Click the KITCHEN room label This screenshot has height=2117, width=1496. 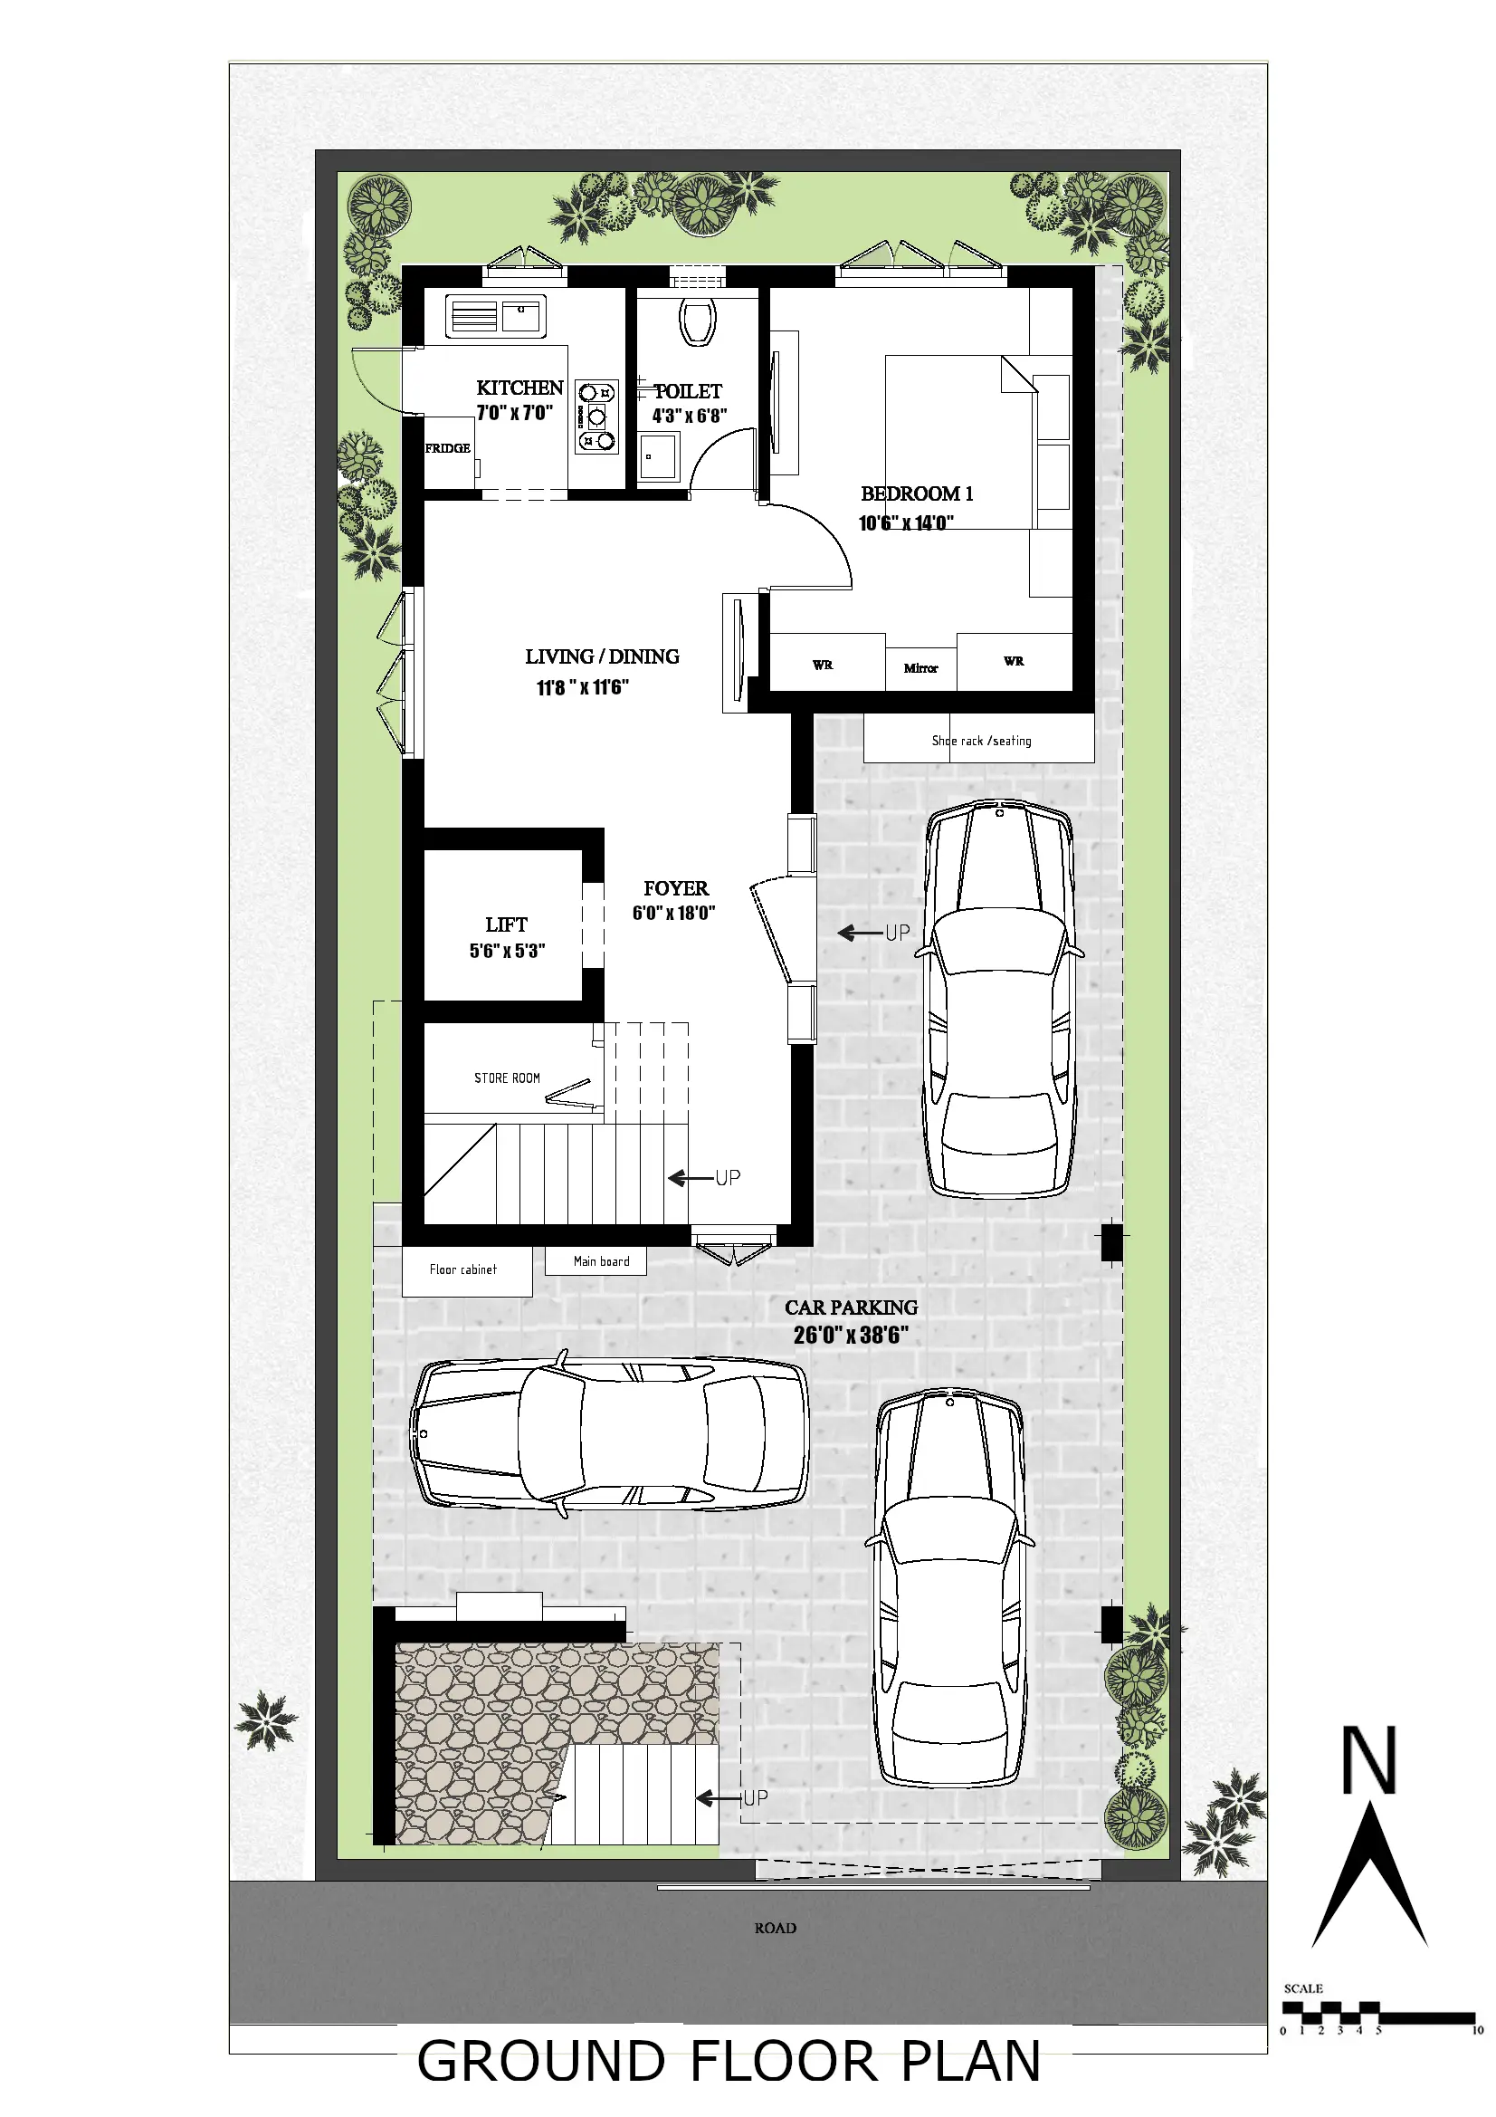tap(519, 388)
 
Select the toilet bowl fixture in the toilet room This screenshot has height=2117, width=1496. tap(698, 321)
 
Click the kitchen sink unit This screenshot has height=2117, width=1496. tap(495, 316)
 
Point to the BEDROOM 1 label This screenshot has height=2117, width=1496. tap(916, 494)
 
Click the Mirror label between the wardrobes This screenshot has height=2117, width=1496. tap(920, 668)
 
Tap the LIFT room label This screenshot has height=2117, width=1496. tap(506, 924)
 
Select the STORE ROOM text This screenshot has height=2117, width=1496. tap(507, 1078)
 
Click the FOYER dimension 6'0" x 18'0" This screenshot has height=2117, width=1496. tap(674, 914)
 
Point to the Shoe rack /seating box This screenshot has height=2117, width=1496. tap(980, 742)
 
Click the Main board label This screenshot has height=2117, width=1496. tap(601, 1261)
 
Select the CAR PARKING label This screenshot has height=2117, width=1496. tap(851, 1308)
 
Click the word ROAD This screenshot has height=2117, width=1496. tap(776, 1928)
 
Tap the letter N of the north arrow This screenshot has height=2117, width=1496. tap(1368, 1760)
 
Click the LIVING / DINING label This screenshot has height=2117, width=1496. tap(602, 657)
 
